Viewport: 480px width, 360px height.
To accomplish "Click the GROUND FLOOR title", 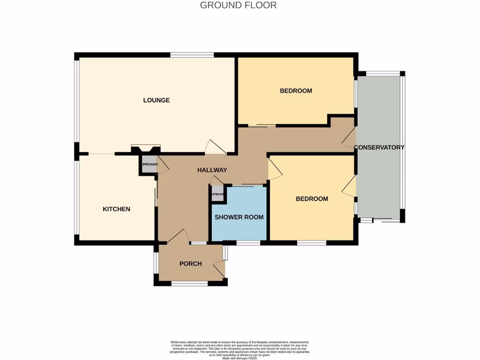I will tap(238, 5).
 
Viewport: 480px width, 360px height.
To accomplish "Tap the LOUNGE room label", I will tap(156, 100).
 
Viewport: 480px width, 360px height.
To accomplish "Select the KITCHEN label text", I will tap(116, 209).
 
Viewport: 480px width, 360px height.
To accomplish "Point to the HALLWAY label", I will tap(212, 170).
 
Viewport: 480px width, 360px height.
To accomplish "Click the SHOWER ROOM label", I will tap(239, 217).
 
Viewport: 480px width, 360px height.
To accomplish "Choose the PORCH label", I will tap(191, 264).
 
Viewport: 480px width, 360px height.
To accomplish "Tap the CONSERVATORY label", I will tap(379, 147).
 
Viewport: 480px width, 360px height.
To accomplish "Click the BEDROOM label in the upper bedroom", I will tap(296, 90).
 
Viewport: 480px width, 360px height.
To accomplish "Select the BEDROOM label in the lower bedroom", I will tap(312, 199).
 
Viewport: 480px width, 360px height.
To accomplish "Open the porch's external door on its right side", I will tap(219, 270).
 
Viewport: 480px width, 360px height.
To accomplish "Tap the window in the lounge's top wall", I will tap(192, 55).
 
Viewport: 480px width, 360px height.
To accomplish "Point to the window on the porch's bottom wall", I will tap(189, 283).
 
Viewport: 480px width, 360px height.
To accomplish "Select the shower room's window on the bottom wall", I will tap(248, 243).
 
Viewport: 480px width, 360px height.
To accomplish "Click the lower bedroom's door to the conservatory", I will tap(349, 187).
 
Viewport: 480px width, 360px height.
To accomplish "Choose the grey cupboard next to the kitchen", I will tap(148, 165).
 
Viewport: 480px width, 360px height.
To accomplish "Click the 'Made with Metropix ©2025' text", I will tap(240, 358).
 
